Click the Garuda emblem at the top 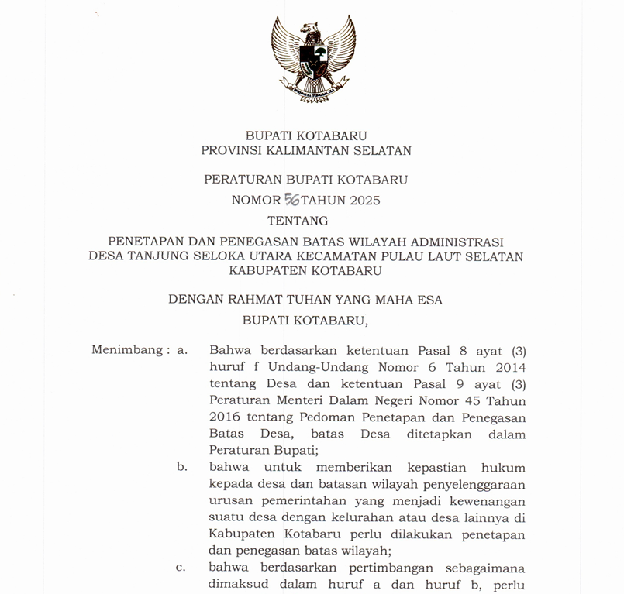[312, 59]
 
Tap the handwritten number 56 [292, 200]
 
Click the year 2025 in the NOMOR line [364, 201]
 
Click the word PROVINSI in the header [234, 151]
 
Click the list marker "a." [182, 349]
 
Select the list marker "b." [182, 467]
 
